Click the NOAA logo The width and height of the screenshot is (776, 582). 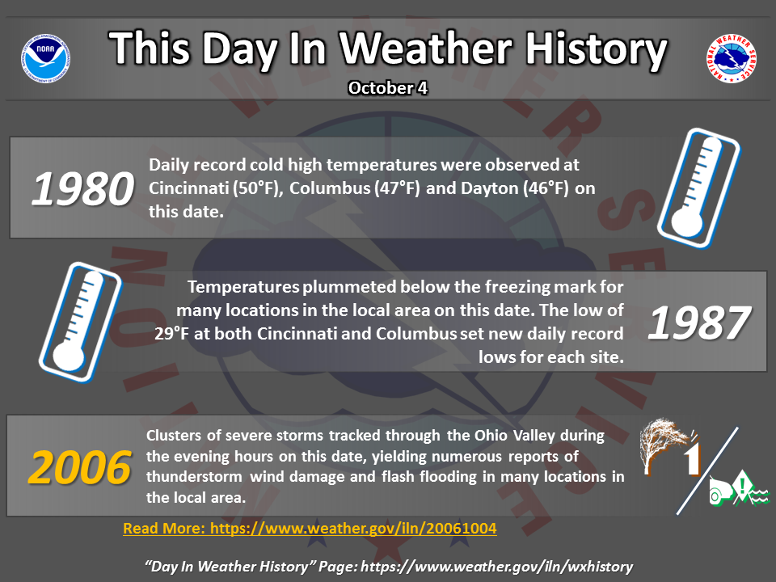(45, 58)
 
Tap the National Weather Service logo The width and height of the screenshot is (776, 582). (731, 58)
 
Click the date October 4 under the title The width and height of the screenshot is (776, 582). (387, 88)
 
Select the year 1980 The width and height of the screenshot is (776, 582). (82, 188)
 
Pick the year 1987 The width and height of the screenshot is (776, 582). (698, 323)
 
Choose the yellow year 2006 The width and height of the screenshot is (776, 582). (80, 467)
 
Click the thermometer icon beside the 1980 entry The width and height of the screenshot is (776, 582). (698, 188)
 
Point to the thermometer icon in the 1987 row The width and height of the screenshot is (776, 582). (80, 322)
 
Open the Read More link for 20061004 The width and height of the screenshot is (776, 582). (310, 529)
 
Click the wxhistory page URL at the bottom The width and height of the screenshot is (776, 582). (497, 566)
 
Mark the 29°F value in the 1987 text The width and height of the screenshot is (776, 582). (171, 334)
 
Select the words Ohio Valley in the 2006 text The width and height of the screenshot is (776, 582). (515, 436)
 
